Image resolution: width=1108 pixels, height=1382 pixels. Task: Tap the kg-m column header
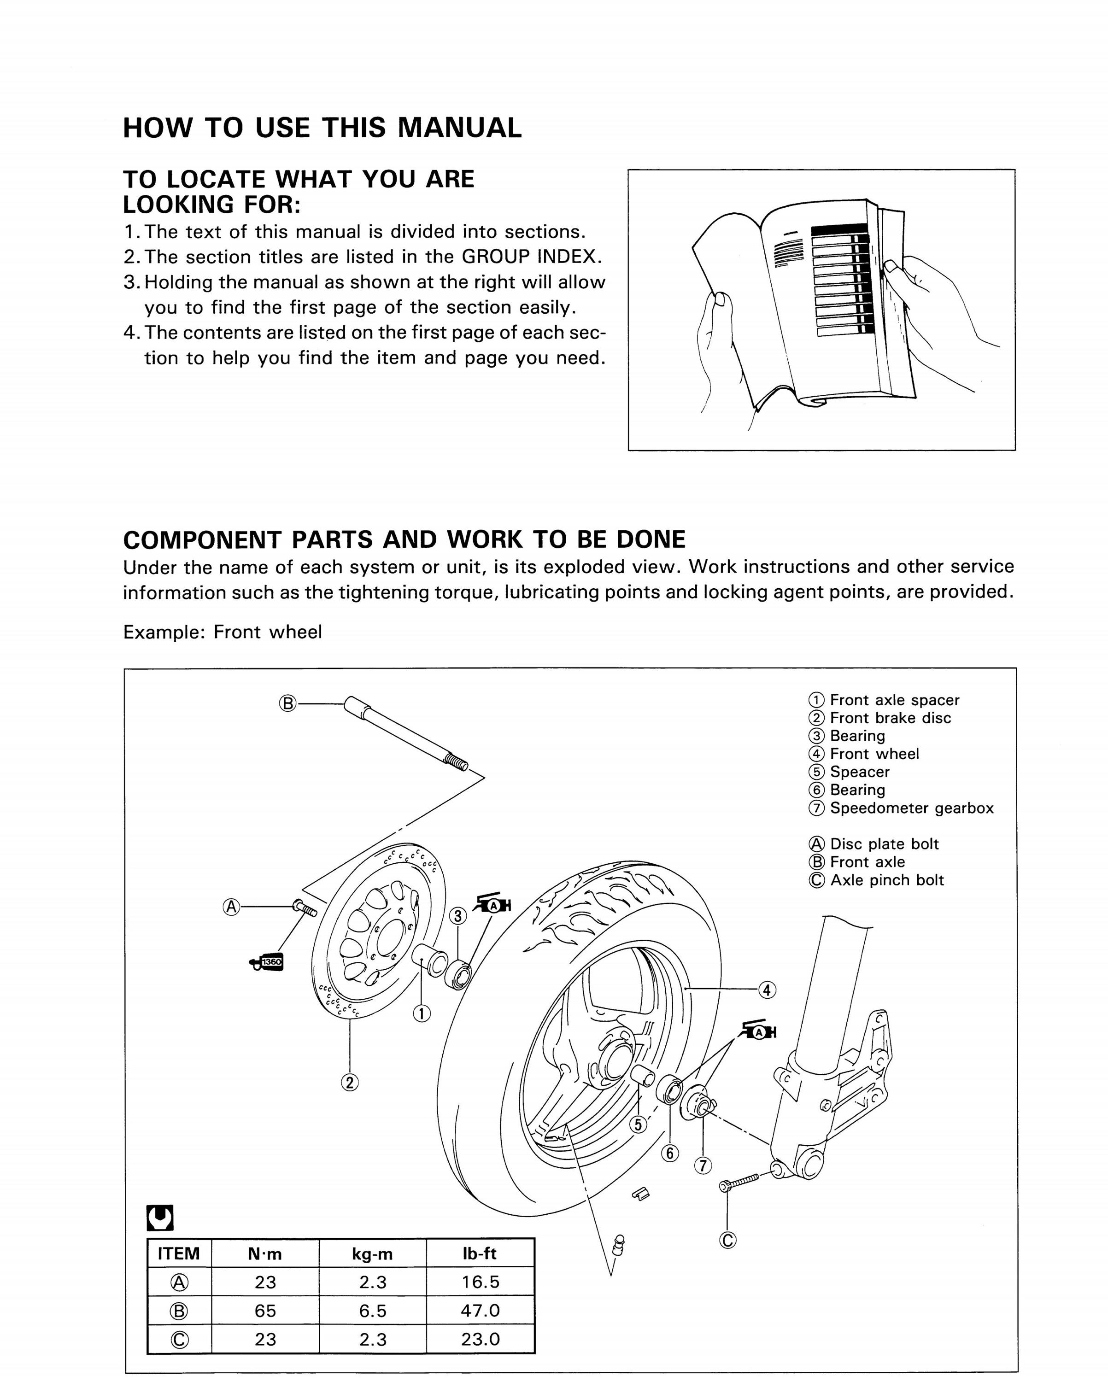point(373,1254)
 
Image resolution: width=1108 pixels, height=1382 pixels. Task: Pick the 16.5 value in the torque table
point(480,1282)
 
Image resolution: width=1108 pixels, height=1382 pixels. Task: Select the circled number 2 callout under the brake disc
point(350,1083)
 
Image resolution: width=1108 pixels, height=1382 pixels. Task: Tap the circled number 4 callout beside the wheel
point(768,990)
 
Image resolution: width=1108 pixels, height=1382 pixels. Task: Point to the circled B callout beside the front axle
point(288,704)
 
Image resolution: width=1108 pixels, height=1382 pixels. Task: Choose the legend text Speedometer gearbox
point(912,808)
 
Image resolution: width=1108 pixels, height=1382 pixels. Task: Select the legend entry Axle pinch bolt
point(887,880)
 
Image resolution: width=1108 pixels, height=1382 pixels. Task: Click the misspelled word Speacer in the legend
point(860,773)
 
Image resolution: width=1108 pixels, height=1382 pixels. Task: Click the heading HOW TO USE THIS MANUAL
point(322,128)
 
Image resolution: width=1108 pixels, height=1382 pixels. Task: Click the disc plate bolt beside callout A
point(305,908)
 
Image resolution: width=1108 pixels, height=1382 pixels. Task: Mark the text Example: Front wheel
point(223,632)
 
